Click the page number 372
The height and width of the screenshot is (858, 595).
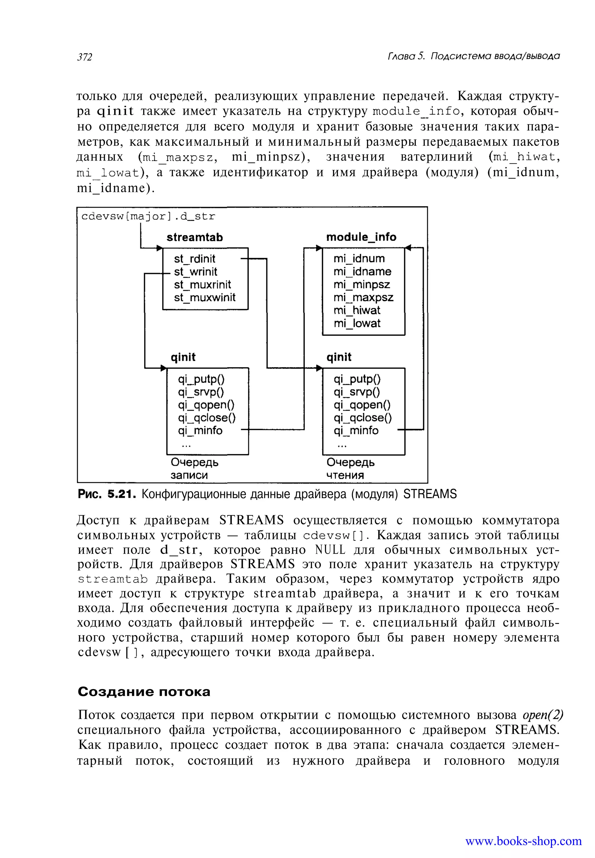[x=85, y=57]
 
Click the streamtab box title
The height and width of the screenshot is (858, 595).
[x=194, y=237]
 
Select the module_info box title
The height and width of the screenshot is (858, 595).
[x=361, y=237]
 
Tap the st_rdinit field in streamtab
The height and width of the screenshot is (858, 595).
[x=195, y=259]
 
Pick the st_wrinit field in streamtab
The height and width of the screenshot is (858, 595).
[x=195, y=272]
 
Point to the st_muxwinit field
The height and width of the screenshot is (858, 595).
[x=205, y=297]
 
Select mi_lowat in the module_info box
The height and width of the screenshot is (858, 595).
[x=357, y=323]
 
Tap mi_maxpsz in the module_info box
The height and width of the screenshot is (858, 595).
[x=363, y=297]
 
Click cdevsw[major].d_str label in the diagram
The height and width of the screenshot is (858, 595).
[x=148, y=217]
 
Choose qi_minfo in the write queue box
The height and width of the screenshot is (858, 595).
[x=200, y=430]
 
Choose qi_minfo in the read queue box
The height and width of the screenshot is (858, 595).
[x=356, y=430]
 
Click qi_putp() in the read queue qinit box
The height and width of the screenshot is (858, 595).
[x=357, y=379]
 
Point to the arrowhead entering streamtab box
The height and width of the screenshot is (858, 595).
[x=160, y=248]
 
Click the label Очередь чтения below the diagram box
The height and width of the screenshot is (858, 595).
[x=350, y=469]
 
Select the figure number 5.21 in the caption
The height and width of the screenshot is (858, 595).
[x=120, y=495]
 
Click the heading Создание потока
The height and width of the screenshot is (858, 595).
[x=144, y=692]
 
